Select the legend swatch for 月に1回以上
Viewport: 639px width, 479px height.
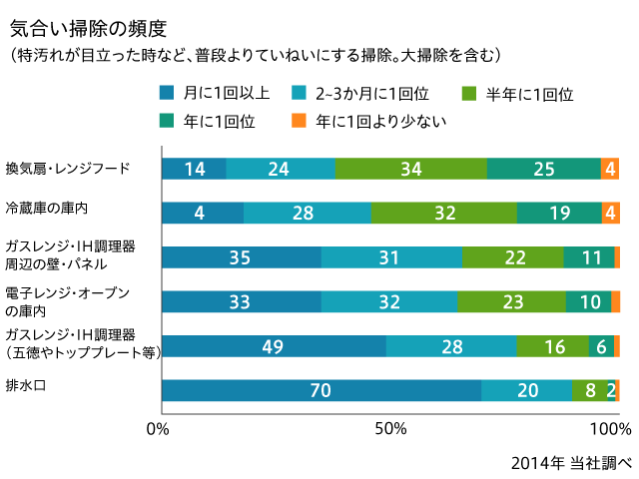pyautogui.click(x=168, y=93)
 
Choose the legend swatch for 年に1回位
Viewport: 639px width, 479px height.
pyautogui.click(x=168, y=121)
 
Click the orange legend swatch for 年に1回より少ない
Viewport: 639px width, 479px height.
pyautogui.click(x=298, y=121)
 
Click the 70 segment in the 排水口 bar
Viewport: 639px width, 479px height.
pyautogui.click(x=320, y=391)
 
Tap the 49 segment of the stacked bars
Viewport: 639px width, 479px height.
pyautogui.click(x=274, y=346)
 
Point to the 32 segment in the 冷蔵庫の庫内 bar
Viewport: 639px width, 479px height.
pyautogui.click(x=443, y=213)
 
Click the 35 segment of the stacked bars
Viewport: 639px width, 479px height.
pyautogui.click(x=241, y=257)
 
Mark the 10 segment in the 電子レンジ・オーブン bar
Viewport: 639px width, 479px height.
pyautogui.click(x=588, y=302)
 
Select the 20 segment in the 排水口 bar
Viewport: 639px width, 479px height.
pyautogui.click(x=526, y=391)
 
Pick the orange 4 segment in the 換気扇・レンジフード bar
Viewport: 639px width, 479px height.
pyautogui.click(x=610, y=169)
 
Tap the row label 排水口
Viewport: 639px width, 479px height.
pyautogui.click(x=27, y=384)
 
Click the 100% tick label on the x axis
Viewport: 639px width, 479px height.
pyautogui.click(x=612, y=430)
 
